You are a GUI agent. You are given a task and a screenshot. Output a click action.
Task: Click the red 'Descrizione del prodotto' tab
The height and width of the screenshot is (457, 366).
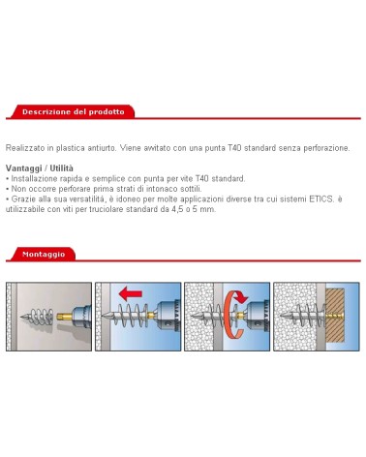72,112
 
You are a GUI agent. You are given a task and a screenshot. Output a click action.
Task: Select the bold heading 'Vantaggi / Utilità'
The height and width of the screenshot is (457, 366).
40,168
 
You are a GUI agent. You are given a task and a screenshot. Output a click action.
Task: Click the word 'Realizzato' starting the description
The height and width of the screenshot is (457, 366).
23,148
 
